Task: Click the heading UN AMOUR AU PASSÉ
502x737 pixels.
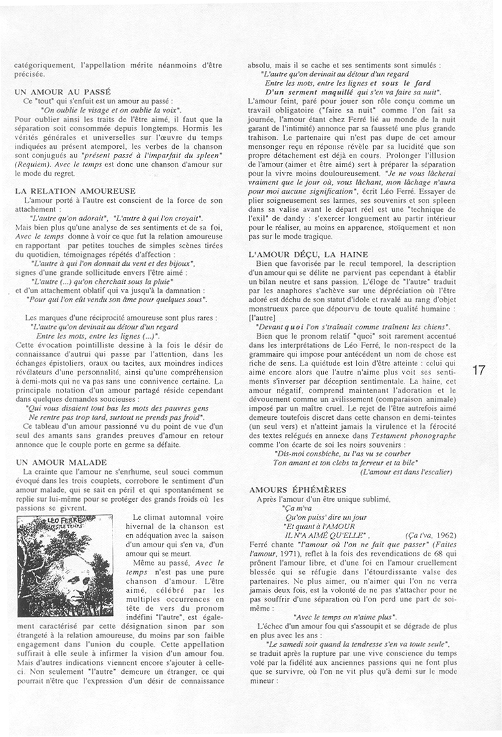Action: tap(62, 92)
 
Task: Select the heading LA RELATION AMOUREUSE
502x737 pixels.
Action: tap(75, 190)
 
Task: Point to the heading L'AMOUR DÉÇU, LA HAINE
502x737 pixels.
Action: tap(308, 254)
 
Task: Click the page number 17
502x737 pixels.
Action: tap(479, 370)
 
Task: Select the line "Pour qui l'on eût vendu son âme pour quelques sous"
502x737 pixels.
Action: tap(117, 300)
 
